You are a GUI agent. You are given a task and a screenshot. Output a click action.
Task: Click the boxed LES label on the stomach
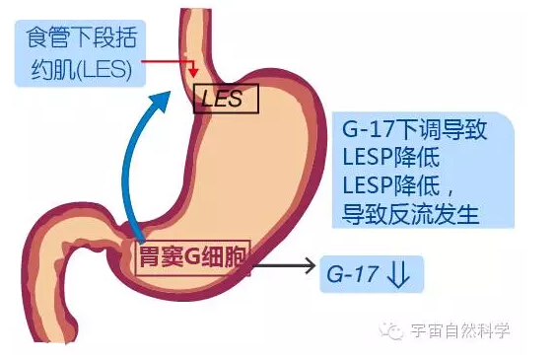click(x=224, y=97)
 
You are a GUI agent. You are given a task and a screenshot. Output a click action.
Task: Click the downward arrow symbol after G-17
click(x=398, y=273)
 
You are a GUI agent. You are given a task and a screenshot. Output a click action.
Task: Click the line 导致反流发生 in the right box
click(x=410, y=213)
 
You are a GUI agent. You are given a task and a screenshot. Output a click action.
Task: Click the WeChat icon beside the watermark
click(x=393, y=332)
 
